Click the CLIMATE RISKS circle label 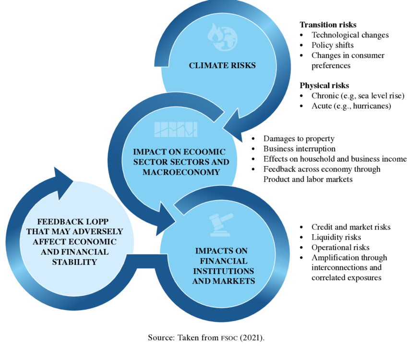click(222, 65)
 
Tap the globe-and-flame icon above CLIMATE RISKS click(222, 35)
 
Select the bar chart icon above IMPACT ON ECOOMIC click(176, 129)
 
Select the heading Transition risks click(328, 24)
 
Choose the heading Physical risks click(324, 85)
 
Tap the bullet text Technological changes click(350, 35)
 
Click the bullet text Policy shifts click(333, 45)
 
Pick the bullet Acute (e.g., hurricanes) click(351, 106)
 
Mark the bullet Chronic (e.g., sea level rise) click(358, 96)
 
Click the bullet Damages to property click(299, 139)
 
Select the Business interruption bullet click(300, 149)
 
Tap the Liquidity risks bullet click(336, 237)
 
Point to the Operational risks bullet click(340, 247)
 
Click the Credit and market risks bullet click(351, 227)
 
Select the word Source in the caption click(160, 338)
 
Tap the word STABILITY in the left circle click(75, 262)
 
